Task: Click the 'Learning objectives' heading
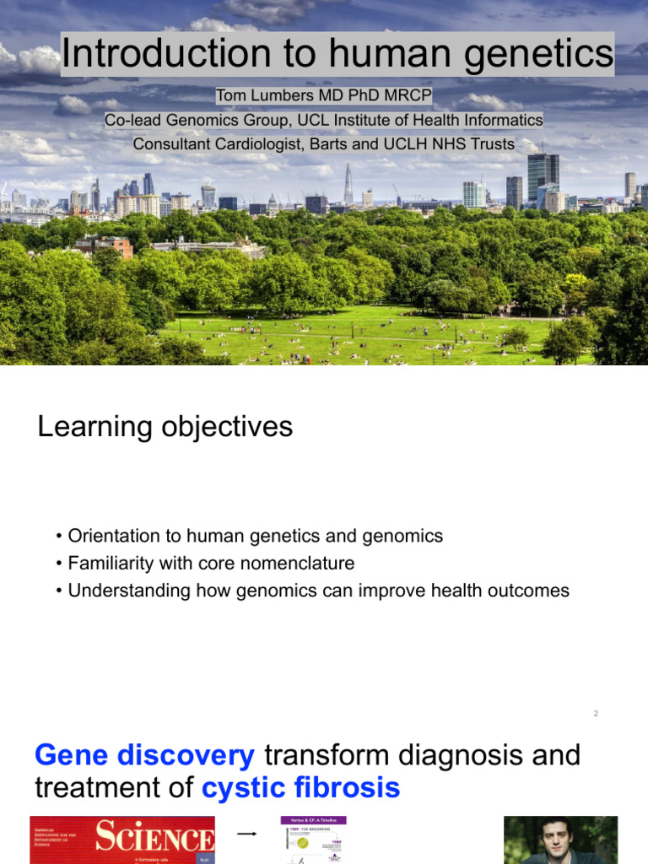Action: click(x=165, y=427)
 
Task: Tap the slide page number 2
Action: click(x=596, y=714)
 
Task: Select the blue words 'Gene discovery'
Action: click(x=144, y=755)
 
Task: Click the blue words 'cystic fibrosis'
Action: click(x=300, y=789)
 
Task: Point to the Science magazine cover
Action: click(x=122, y=840)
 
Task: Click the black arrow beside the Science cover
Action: click(x=246, y=834)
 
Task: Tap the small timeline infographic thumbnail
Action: click(x=313, y=840)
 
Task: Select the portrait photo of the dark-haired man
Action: click(x=560, y=840)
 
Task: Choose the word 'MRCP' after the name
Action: click(x=408, y=96)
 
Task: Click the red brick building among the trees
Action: click(x=103, y=246)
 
